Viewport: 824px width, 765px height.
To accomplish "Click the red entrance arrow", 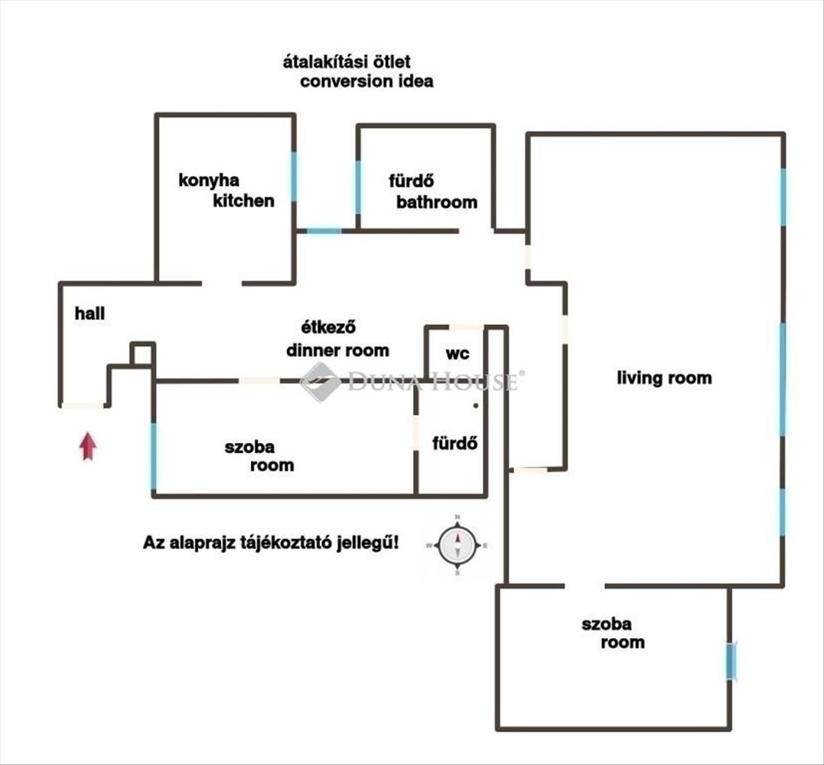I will [88, 446].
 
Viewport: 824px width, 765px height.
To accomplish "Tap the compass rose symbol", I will [458, 545].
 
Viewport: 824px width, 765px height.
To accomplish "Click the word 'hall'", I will [90, 313].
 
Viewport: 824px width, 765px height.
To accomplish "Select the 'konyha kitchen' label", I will [226, 190].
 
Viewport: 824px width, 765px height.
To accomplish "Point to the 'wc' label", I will [458, 354].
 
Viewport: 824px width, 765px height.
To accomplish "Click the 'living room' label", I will [664, 377].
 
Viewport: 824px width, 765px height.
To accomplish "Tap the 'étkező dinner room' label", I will [337, 340].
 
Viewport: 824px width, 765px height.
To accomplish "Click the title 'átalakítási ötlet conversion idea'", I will [357, 71].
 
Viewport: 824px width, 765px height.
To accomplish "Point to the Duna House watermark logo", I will [321, 381].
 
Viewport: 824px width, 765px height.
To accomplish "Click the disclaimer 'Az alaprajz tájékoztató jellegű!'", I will [271, 543].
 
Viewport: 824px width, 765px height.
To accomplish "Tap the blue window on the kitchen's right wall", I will [294, 177].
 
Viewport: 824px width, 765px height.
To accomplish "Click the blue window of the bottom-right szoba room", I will [731, 660].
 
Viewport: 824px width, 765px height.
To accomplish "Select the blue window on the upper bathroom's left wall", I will [357, 187].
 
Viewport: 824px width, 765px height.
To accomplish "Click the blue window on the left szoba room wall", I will [154, 456].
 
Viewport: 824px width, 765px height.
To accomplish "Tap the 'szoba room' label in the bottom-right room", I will [612, 633].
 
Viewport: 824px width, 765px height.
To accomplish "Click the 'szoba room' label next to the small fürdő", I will [259, 455].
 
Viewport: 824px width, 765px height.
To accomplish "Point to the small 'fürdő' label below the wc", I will [455, 443].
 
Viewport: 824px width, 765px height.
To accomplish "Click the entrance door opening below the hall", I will [83, 405].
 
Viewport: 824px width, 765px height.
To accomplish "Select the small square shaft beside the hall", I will [142, 354].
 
